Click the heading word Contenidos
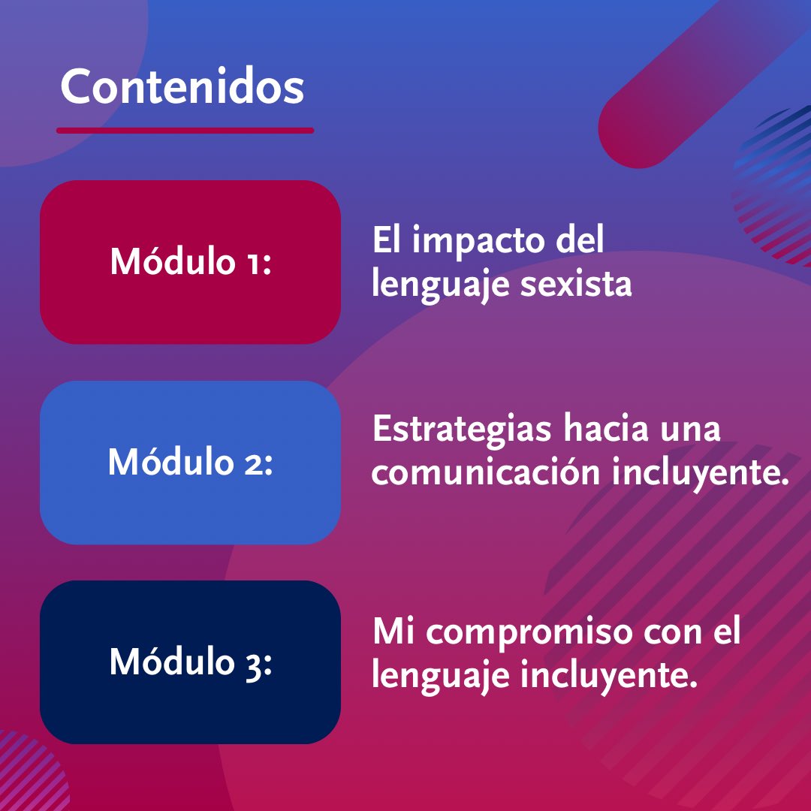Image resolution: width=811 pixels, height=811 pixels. click(182, 89)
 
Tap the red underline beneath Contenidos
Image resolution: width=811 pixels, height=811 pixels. click(185, 131)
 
